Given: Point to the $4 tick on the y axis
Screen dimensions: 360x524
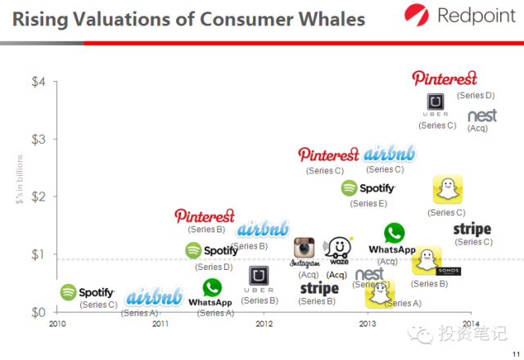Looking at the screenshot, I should (x=38, y=82).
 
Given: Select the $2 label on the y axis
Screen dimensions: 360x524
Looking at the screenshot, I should (x=38, y=196).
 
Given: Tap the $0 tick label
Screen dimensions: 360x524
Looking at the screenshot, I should (x=38, y=312).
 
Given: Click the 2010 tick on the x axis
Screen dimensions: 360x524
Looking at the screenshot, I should (x=56, y=324).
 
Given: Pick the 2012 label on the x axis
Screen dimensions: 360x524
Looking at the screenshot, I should (x=264, y=324).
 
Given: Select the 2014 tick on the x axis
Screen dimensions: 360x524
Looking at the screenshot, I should (x=471, y=324).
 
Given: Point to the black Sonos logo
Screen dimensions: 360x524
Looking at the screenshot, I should (x=449, y=271).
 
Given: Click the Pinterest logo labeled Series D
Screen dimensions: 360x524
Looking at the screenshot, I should (x=445, y=79).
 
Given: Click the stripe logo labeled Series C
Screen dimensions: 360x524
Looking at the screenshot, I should (x=472, y=229).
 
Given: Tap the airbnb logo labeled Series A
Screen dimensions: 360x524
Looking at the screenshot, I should (x=155, y=296).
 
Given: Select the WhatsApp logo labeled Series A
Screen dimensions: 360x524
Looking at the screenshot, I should (x=211, y=293).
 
